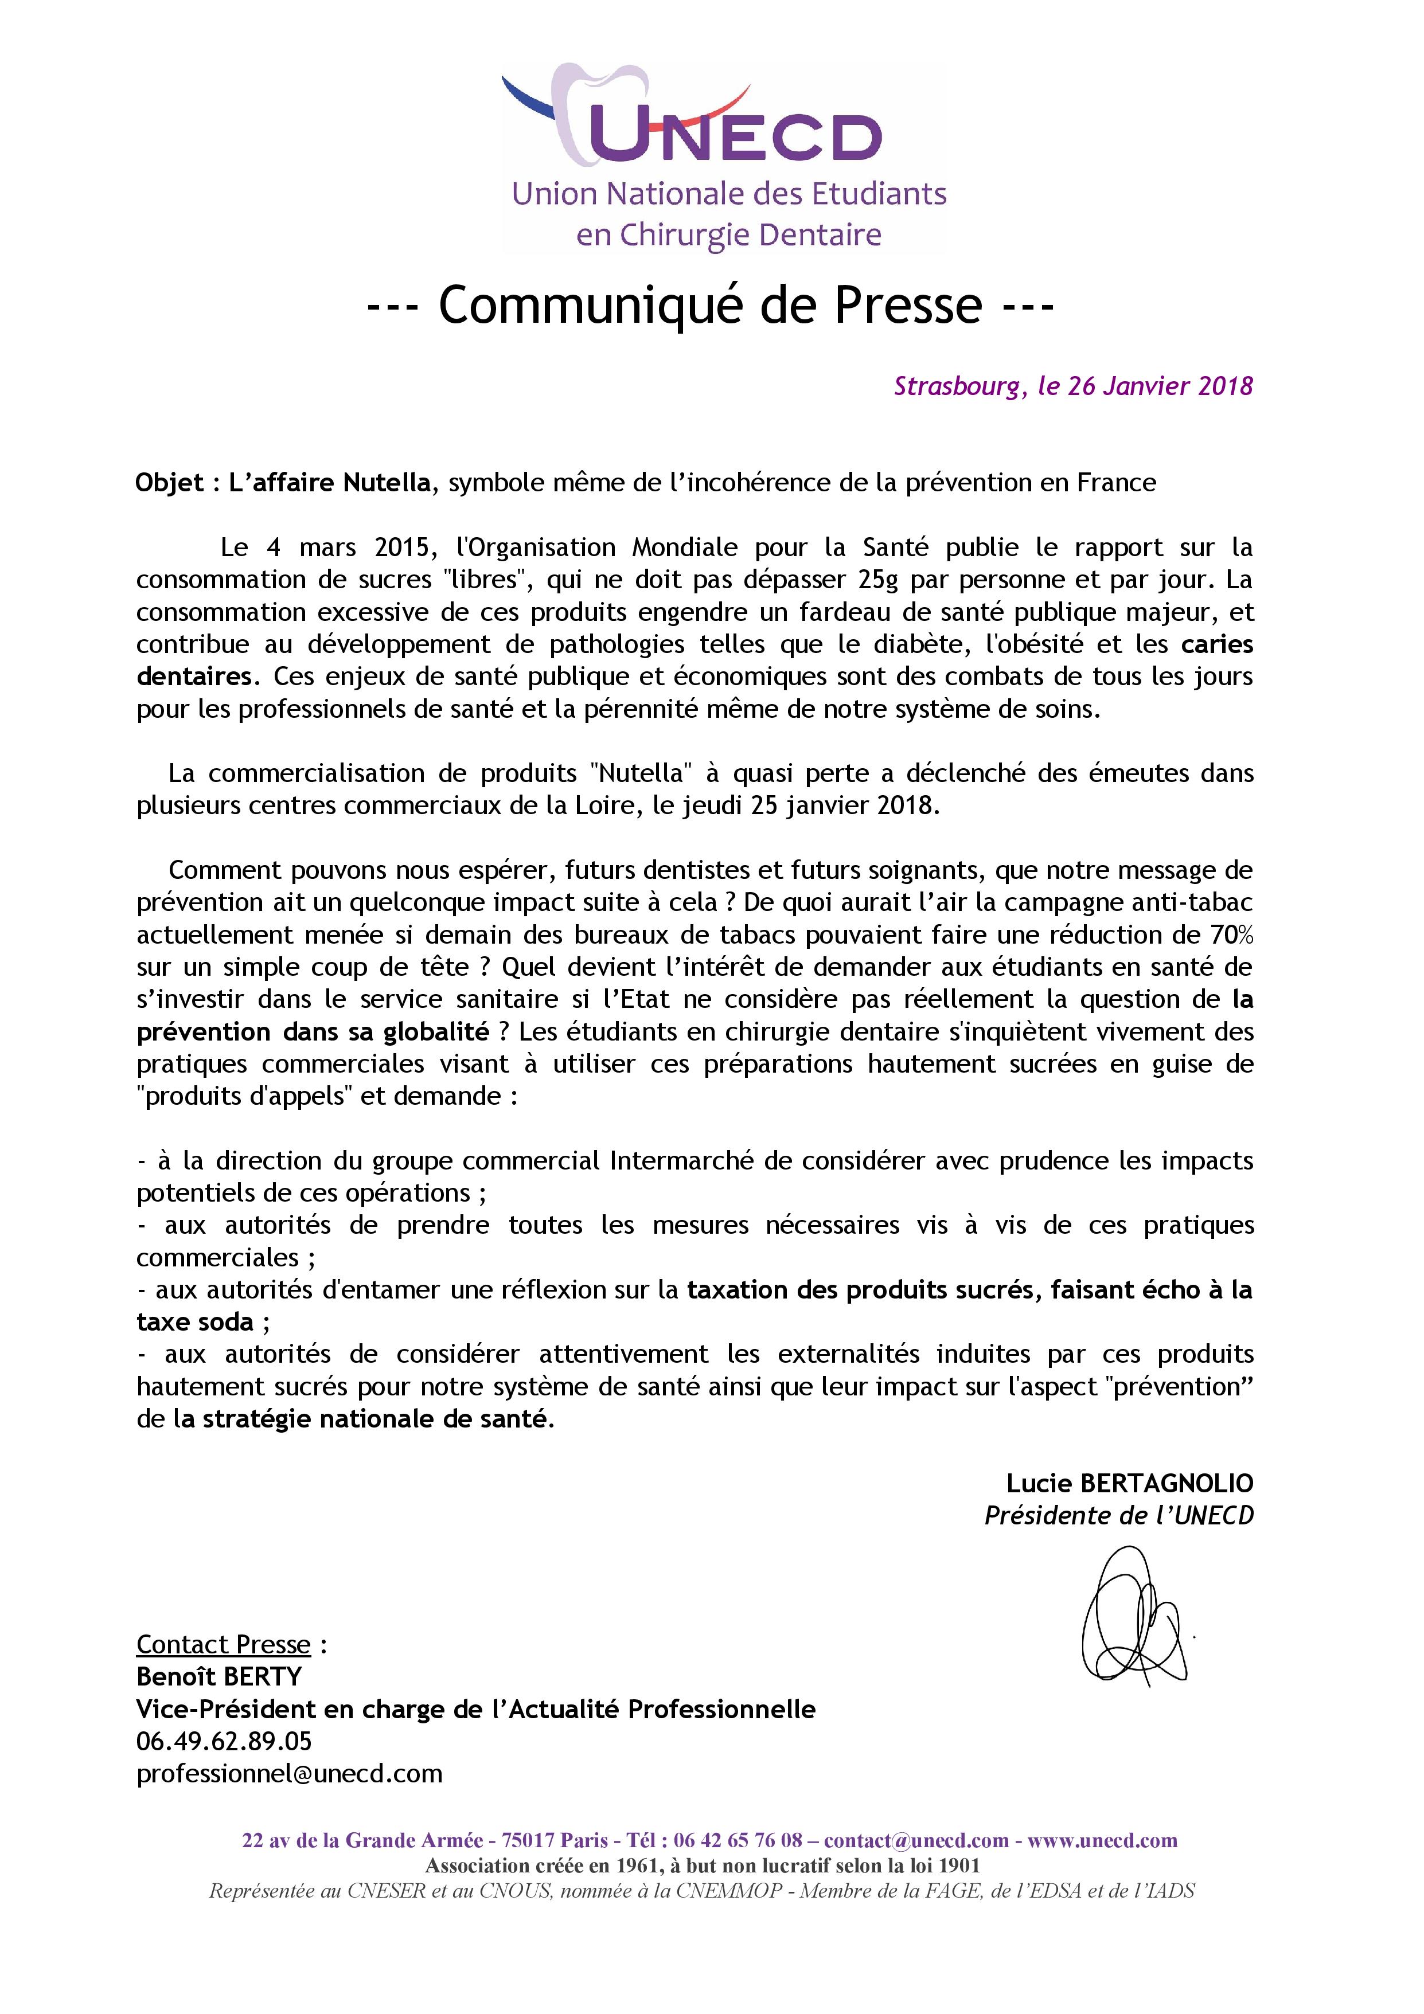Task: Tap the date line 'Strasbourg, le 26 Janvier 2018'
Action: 1073,386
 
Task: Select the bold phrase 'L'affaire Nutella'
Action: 330,483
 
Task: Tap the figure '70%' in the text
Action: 1232,935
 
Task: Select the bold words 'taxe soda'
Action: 195,1322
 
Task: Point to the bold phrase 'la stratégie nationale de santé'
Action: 363,1419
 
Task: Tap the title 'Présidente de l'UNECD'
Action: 1119,1516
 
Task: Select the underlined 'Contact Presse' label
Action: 224,1645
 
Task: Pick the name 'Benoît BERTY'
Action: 219,1677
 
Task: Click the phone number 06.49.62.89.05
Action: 224,1741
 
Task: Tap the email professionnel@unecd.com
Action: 290,1774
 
